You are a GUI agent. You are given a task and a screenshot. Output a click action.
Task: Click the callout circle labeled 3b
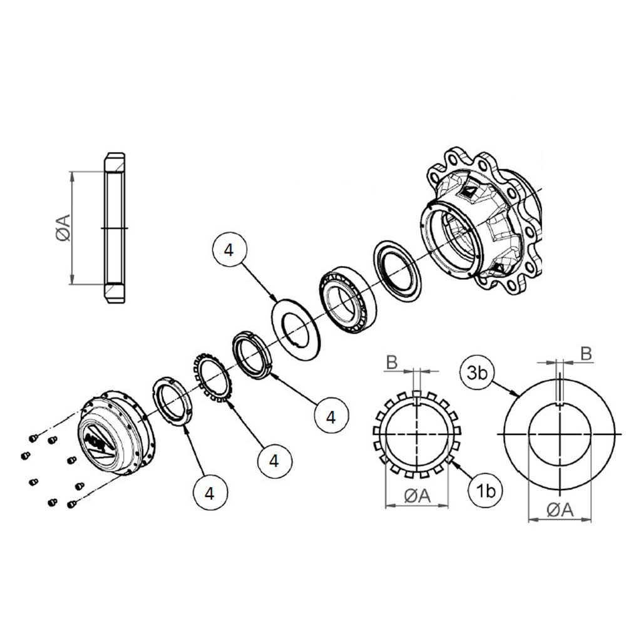click(x=477, y=373)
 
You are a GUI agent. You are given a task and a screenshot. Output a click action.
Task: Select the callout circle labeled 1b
click(x=486, y=491)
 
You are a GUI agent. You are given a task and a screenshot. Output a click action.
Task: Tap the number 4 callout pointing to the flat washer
click(x=229, y=250)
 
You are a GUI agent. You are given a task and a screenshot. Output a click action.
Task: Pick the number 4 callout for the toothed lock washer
click(x=274, y=461)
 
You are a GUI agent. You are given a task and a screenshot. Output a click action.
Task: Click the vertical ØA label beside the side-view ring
click(x=64, y=228)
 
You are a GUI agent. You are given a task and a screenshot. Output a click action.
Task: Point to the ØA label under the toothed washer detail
click(x=417, y=496)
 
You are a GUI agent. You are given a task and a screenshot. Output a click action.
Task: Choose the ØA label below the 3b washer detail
click(x=560, y=510)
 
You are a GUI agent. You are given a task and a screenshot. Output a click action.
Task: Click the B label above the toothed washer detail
click(x=392, y=362)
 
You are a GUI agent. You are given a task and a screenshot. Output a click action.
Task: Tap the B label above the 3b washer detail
click(x=586, y=353)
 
